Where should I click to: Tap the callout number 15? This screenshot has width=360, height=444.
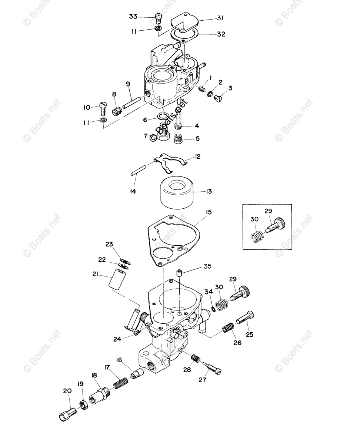pyautogui.click(x=209, y=212)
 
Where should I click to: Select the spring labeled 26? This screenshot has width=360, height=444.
pyautogui.click(x=229, y=327)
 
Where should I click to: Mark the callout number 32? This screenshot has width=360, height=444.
pyautogui.click(x=221, y=34)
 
